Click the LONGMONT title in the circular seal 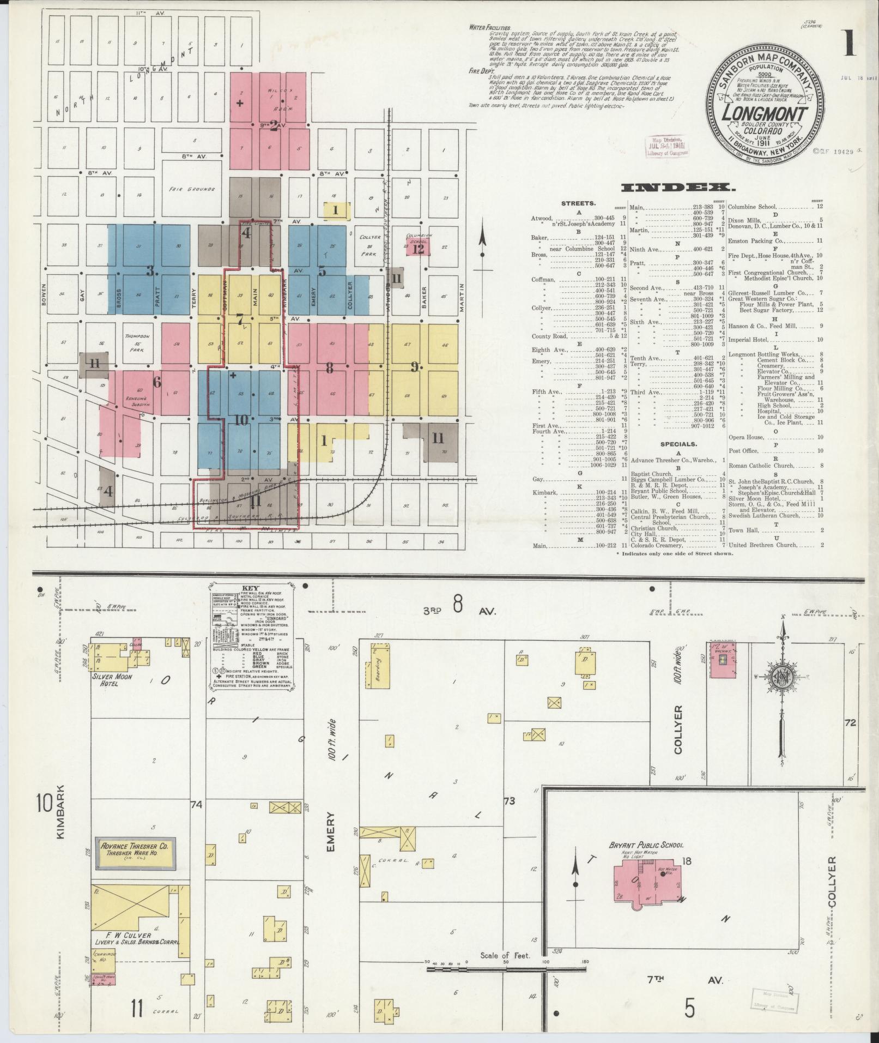tap(765, 114)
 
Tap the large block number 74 tap(197, 804)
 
